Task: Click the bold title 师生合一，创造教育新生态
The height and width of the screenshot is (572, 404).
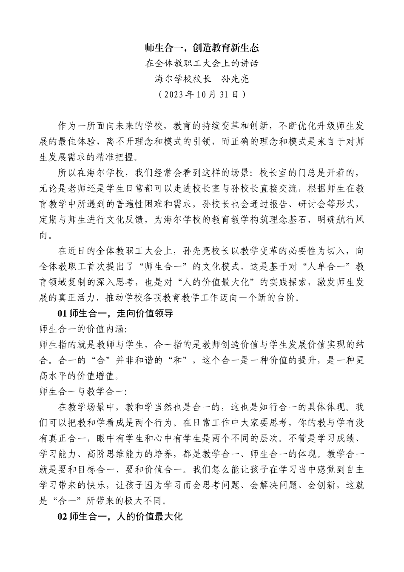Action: pyautogui.click(x=202, y=48)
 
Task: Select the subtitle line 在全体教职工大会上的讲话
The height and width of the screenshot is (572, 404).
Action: pyautogui.click(x=202, y=63)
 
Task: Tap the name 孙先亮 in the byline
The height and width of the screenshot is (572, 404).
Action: pyautogui.click(x=234, y=79)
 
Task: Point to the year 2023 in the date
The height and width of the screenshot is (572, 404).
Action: pyautogui.click(x=174, y=94)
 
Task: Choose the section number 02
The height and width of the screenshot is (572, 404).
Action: pyautogui.click(x=62, y=517)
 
